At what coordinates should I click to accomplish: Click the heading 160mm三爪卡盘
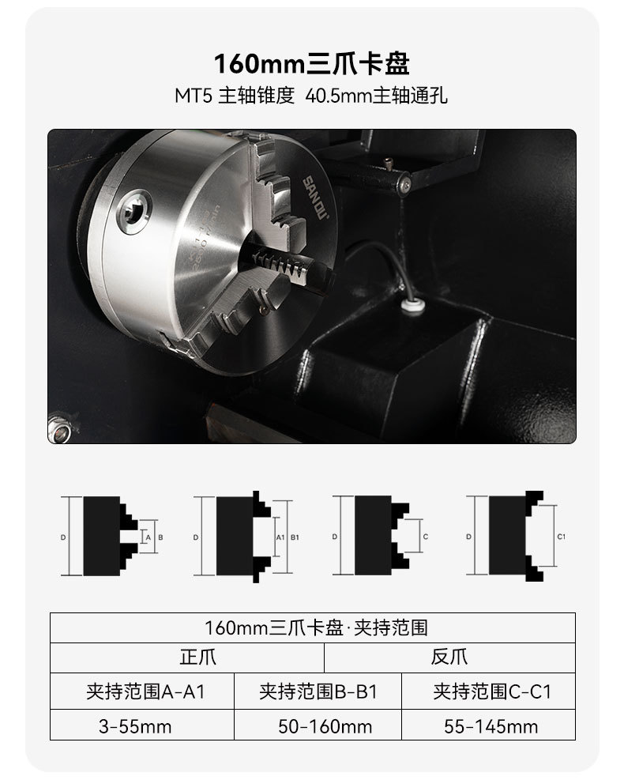tap(312, 63)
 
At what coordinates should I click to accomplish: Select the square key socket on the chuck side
tap(134, 209)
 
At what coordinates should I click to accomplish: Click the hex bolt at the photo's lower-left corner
tap(57, 428)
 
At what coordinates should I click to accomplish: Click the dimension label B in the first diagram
tap(160, 537)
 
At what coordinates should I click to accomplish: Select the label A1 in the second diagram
tap(280, 537)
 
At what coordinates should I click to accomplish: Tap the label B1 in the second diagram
tap(295, 537)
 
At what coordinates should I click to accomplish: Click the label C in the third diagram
tap(426, 537)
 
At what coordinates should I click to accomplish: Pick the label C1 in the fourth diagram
tap(561, 537)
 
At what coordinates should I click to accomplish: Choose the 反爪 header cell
tap(449, 658)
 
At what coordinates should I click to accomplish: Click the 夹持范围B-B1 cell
tap(318, 691)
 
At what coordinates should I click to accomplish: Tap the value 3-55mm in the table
tap(135, 726)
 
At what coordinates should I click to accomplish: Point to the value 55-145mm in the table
tap(491, 726)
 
